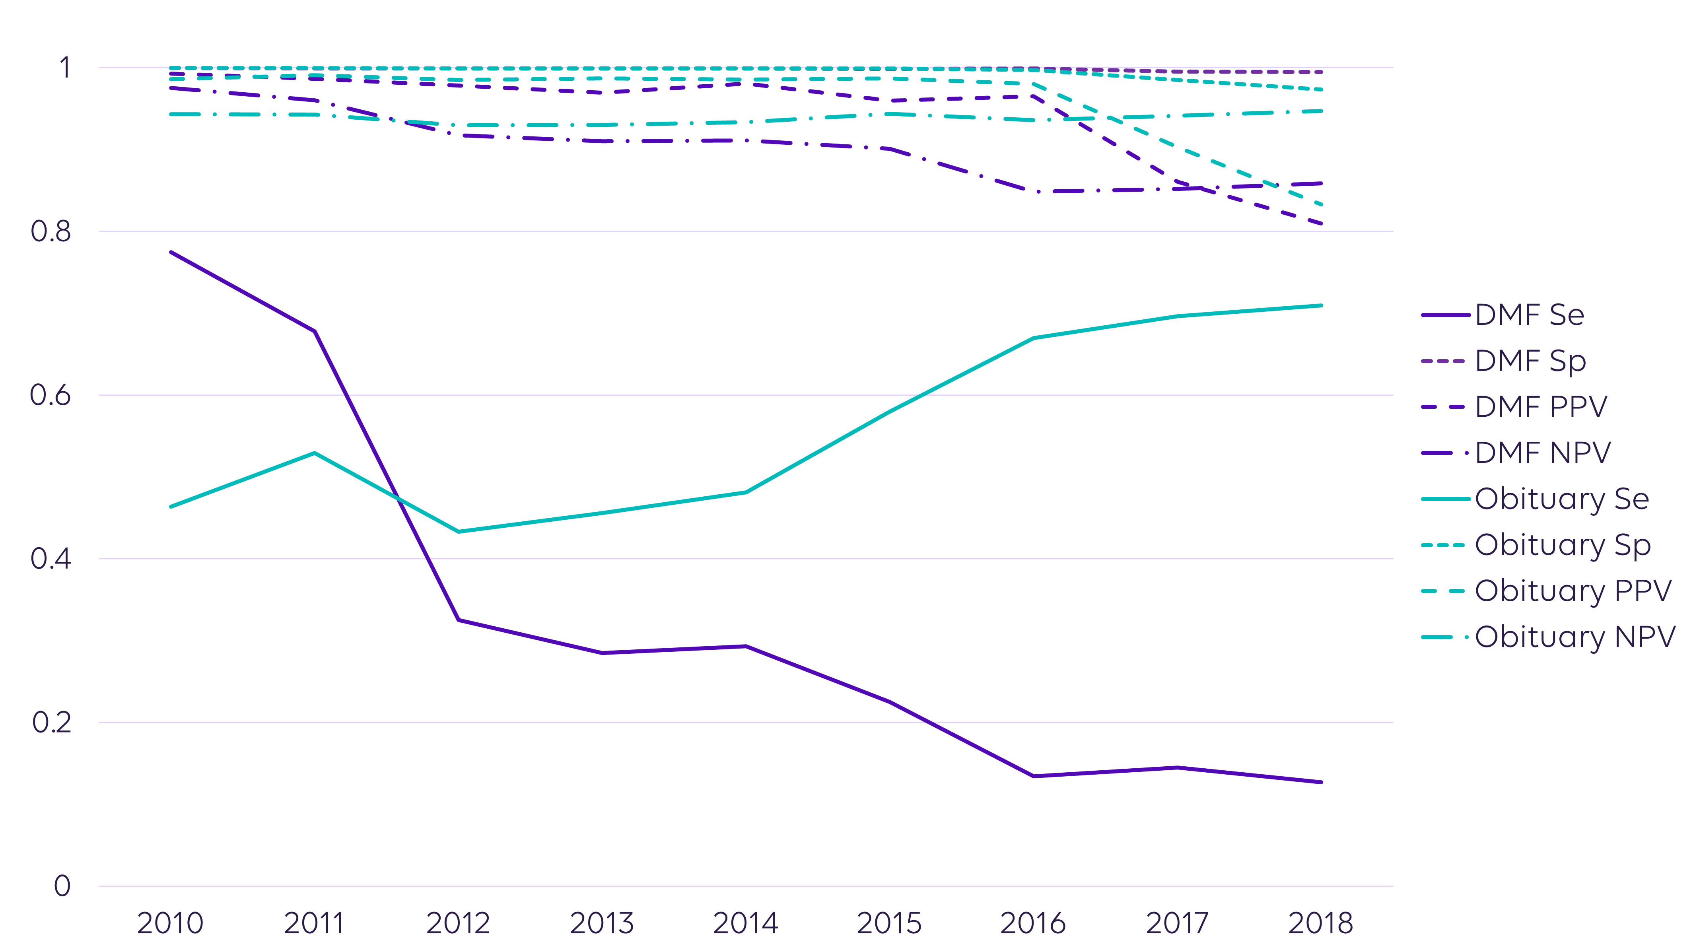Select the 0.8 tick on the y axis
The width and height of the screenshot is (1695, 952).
click(51, 231)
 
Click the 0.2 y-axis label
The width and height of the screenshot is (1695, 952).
click(51, 723)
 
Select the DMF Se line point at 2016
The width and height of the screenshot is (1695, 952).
click(1034, 776)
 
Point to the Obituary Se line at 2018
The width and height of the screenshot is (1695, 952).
click(1321, 305)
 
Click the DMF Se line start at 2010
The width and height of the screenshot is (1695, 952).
click(171, 252)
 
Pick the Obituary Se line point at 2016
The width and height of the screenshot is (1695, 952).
click(1034, 338)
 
